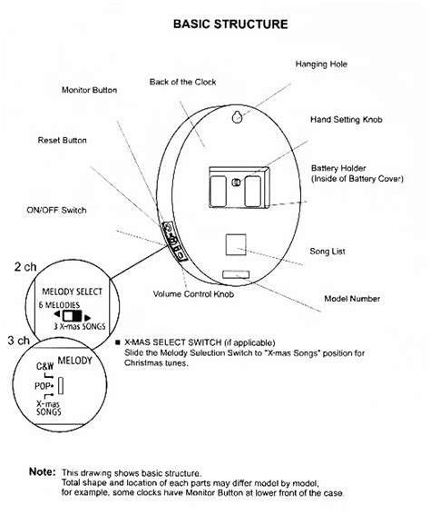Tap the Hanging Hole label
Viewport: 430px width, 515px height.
tap(320, 64)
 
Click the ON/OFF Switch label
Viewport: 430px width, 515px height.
tap(56, 210)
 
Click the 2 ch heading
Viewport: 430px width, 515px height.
tap(24, 268)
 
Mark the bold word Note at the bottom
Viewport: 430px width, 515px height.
tap(41, 470)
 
